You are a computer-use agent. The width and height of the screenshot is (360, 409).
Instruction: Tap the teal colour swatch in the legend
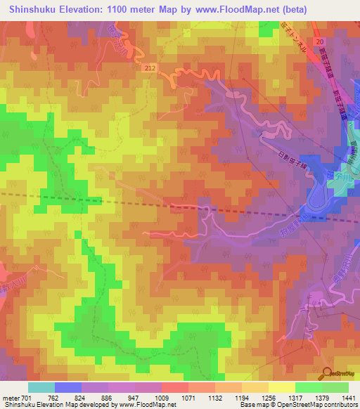tap(41, 387)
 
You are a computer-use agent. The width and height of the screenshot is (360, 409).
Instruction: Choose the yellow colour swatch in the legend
tap(282, 387)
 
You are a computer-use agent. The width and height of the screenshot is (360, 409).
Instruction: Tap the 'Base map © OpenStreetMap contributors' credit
tap(298, 405)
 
